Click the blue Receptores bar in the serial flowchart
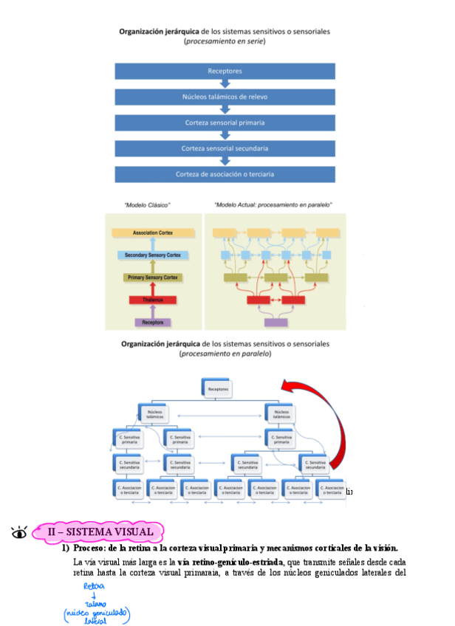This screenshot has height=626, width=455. pos(225,72)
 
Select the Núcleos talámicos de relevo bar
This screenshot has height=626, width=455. pos(225,97)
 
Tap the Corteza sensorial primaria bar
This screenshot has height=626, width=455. pos(225,123)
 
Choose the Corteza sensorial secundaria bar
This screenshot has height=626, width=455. pos(225,148)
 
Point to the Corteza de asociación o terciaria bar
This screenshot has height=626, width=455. pos(225,174)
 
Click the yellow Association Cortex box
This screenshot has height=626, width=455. pos(154,233)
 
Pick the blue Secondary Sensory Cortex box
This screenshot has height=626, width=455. pos(153,255)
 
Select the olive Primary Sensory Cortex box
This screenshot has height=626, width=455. pos(154,278)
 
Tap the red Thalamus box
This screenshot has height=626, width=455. pos(154,300)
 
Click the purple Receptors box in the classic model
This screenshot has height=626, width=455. pos(154,323)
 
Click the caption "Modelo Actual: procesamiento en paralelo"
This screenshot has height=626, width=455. pos(273,204)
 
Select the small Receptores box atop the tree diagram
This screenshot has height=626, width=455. pos(218,388)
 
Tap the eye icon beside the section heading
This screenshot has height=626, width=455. pos(20,532)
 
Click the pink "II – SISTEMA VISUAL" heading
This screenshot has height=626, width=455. pos(100,532)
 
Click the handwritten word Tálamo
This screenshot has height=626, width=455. pos(95,603)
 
